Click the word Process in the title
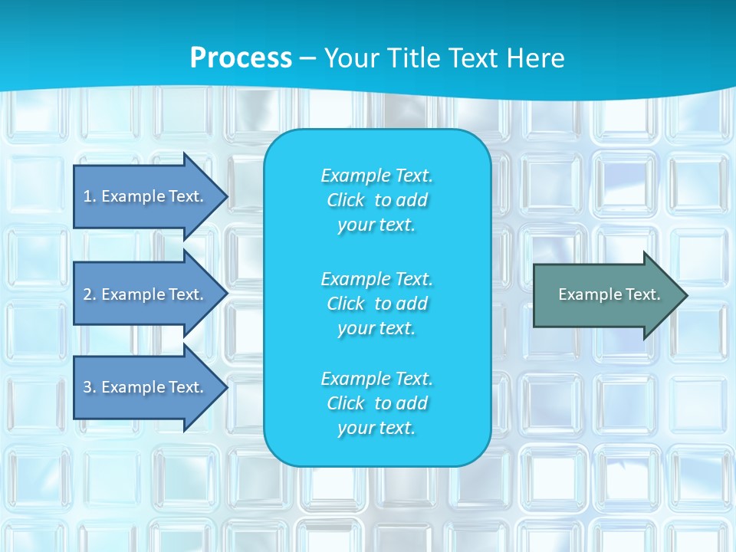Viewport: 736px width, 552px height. tap(241, 58)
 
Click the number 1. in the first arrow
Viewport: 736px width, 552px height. tap(89, 196)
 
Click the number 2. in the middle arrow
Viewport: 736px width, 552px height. tap(89, 294)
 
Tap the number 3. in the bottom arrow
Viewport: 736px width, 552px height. tap(89, 387)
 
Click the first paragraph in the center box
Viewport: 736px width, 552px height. tap(376, 200)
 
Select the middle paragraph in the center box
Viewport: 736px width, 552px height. tap(376, 304)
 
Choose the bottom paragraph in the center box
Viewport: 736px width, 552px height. tap(376, 403)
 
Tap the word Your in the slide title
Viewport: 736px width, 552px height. tap(352, 58)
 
